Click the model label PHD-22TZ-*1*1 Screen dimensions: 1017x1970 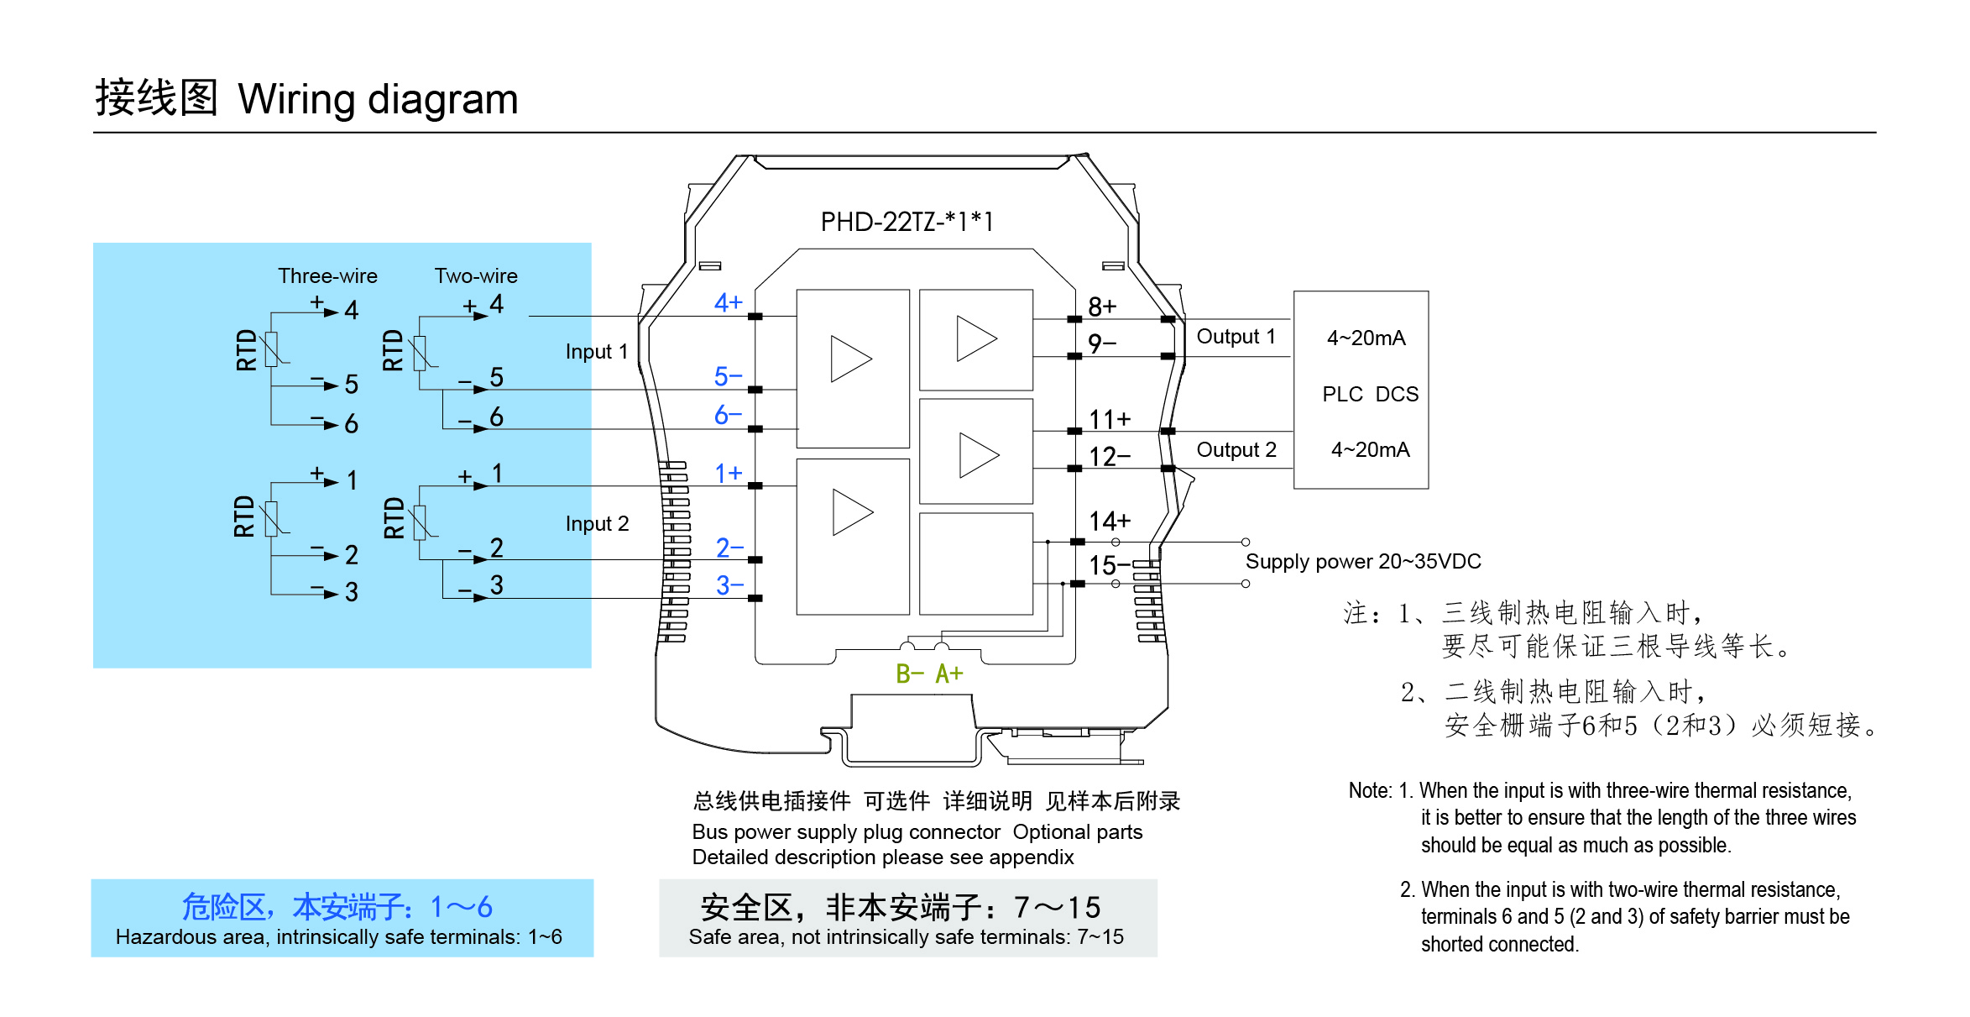tap(907, 222)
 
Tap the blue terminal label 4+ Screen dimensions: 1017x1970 tap(728, 302)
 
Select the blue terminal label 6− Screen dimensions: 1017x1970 tap(728, 415)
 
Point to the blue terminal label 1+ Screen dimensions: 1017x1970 tap(728, 474)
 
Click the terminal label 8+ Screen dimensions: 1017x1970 tap(1102, 307)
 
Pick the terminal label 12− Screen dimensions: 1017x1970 tap(1109, 457)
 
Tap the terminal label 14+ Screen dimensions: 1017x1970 tap(1109, 522)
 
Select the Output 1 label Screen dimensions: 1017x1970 tap(1236, 337)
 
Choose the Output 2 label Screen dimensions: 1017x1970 tap(1236, 450)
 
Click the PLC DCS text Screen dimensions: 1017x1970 tap(1370, 394)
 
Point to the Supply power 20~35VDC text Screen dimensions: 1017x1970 tap(1363, 561)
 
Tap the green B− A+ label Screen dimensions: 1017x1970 tap(929, 674)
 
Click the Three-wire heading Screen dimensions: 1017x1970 tap(327, 275)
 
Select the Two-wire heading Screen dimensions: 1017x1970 tap(476, 275)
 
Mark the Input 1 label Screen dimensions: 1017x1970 tap(596, 351)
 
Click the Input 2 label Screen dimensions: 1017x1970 tap(596, 524)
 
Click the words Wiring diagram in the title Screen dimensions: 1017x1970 tap(378, 99)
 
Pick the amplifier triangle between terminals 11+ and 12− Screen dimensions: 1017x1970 tap(978, 455)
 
